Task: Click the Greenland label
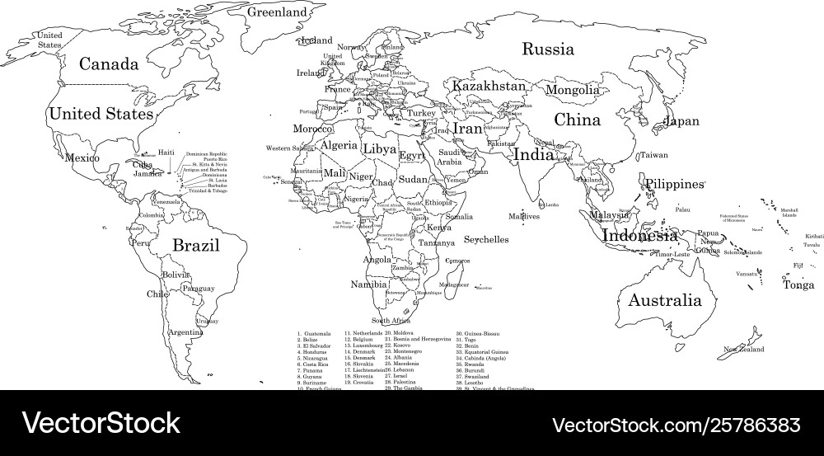click(x=278, y=13)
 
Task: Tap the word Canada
click(x=106, y=63)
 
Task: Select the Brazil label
click(x=195, y=245)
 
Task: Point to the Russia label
click(x=548, y=49)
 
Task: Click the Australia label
click(x=665, y=300)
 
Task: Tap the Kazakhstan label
click(x=489, y=87)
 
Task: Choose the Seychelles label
click(x=485, y=240)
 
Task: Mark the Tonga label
click(x=798, y=285)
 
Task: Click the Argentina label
click(x=185, y=332)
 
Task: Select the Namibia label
click(x=368, y=284)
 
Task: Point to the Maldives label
click(x=524, y=217)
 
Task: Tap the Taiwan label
click(x=654, y=155)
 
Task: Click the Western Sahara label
click(x=290, y=148)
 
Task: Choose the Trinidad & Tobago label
click(x=208, y=191)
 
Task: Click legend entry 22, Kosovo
click(x=401, y=345)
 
